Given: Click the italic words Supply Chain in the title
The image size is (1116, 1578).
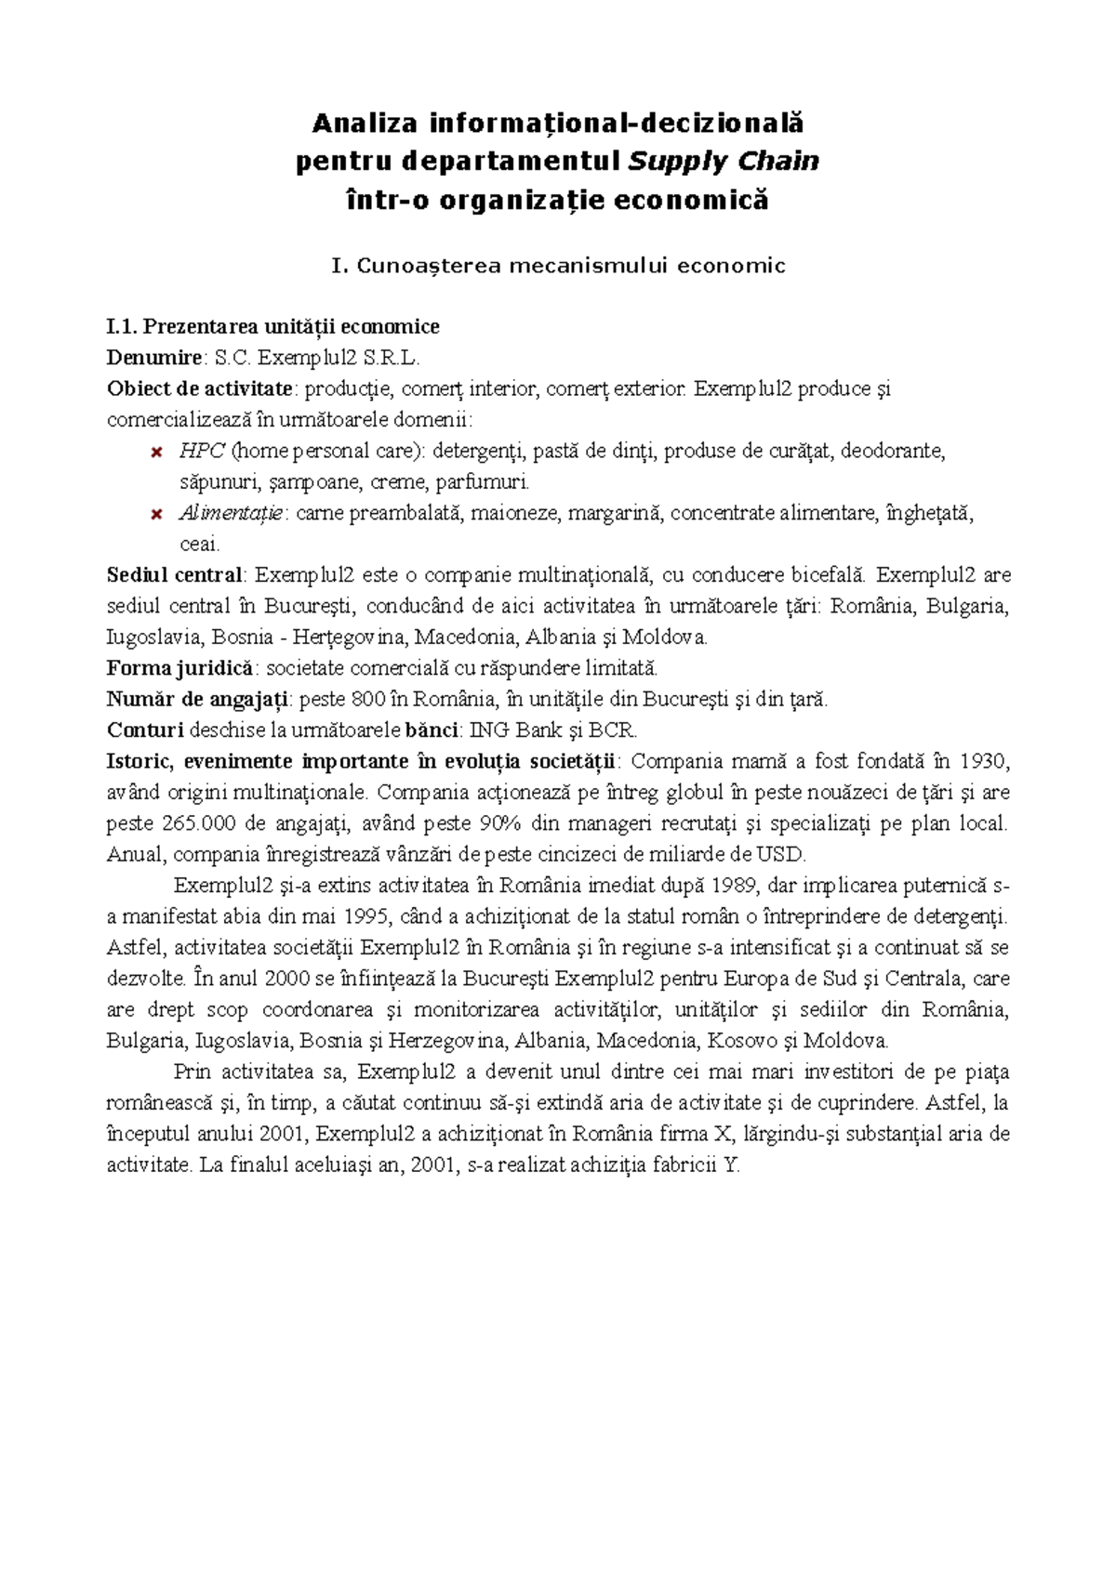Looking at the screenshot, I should pos(724,162).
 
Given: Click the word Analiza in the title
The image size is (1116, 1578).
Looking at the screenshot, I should pos(365,123).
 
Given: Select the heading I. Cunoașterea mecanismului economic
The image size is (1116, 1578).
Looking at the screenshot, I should pos(558,266).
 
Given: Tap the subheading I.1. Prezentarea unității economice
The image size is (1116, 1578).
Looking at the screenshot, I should pos(273,326).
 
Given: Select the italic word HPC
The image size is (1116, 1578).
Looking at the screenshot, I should pos(202,452).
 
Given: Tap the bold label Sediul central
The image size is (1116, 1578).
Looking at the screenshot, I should pos(175,575).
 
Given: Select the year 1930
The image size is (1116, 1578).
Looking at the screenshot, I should pos(983,761).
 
